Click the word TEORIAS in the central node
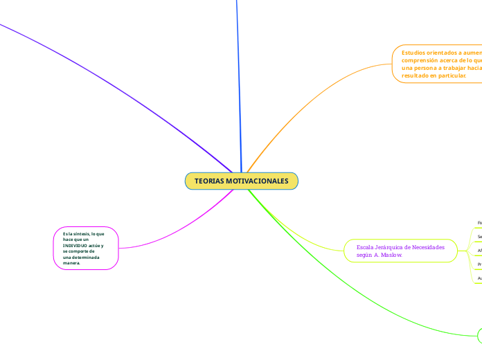pyautogui.click(x=209, y=181)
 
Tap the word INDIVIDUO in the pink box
pyautogui.click(x=76, y=246)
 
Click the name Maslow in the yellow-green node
pyautogui.click(x=389, y=255)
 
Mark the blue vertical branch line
pyautogui.click(x=238, y=83)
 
